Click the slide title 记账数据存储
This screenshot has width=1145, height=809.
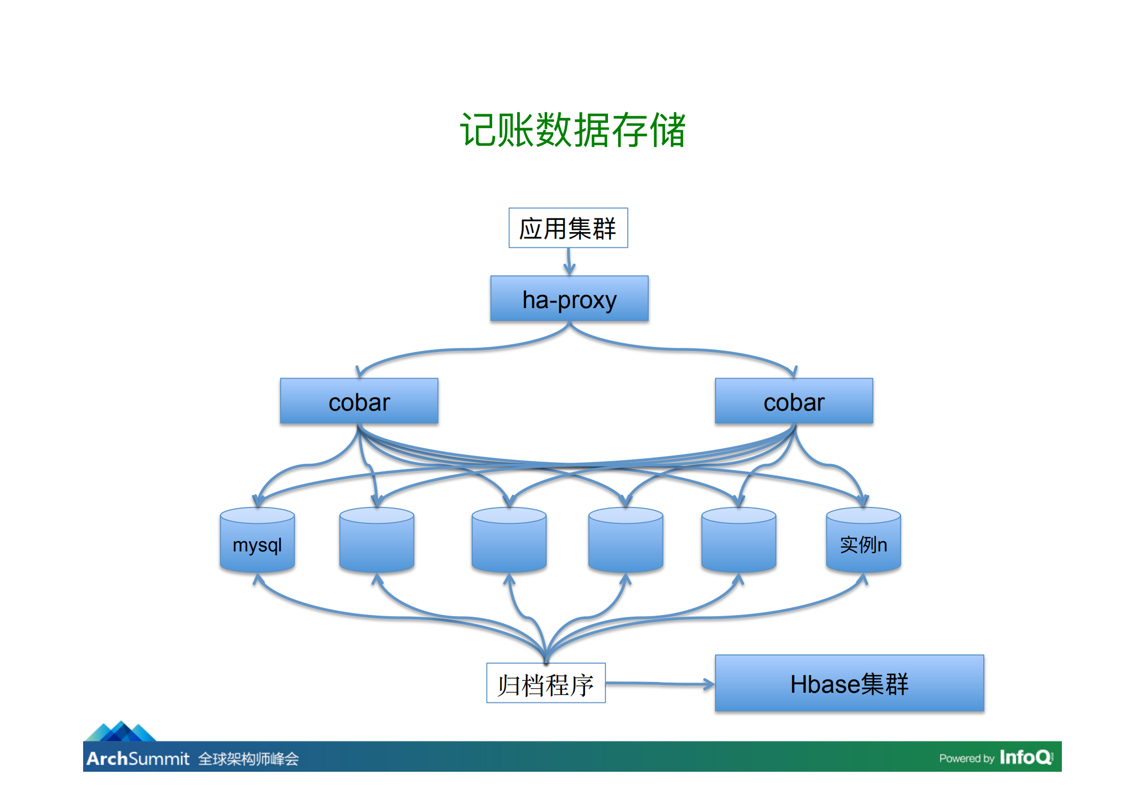[x=572, y=130]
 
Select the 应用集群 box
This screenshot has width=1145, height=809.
[x=568, y=228]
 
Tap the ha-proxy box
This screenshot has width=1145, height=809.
[x=569, y=299]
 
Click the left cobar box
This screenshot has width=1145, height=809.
[x=359, y=401]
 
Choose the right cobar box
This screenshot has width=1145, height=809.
[x=794, y=401]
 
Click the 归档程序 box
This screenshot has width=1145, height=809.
[x=546, y=684]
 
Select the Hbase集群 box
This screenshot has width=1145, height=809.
[x=849, y=684]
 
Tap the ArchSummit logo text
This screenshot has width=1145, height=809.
[x=138, y=759]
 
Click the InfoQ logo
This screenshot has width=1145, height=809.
[x=1025, y=757]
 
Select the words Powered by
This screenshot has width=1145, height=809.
[x=966, y=759]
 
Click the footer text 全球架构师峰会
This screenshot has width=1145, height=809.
[x=248, y=759]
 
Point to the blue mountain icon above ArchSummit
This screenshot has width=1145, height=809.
[x=121, y=731]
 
